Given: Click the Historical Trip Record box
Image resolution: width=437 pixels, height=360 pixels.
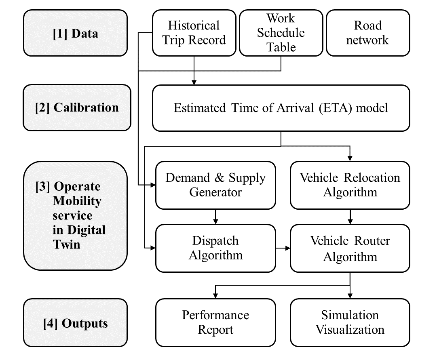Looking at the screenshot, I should [194, 33].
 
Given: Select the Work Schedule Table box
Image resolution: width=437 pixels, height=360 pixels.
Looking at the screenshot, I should [281, 33].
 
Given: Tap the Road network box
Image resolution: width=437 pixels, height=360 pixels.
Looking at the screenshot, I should [368, 33].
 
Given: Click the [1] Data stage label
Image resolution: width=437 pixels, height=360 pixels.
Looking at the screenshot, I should [75, 33].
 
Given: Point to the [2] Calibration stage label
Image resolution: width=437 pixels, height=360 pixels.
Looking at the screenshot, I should [77, 107].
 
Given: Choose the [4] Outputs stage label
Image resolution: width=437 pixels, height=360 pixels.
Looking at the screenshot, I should [76, 323].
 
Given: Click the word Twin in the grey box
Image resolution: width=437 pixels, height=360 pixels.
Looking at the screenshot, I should [67, 244].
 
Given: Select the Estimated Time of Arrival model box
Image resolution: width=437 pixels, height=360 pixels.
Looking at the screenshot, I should [281, 108].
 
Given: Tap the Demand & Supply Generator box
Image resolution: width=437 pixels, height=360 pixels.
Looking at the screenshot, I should [215, 185].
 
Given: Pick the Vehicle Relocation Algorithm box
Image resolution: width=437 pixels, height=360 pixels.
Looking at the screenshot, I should [350, 185].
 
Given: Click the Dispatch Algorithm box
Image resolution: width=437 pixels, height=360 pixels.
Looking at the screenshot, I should [215, 248].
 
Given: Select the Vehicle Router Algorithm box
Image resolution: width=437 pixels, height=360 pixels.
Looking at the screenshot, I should [350, 248].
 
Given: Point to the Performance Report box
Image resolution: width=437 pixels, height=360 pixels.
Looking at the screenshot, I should [215, 322].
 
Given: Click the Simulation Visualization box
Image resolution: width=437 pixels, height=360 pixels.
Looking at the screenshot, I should [350, 322].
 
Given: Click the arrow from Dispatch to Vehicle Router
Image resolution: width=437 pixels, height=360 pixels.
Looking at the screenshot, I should [283, 248].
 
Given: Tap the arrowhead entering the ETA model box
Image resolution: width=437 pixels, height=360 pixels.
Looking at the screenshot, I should [194, 82].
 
